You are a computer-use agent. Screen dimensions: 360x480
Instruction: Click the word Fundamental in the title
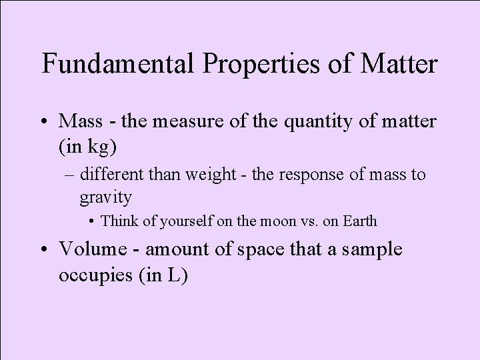pos(121,65)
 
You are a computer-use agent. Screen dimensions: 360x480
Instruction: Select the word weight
pos(241,175)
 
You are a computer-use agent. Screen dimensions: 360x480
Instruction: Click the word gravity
pos(105,197)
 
